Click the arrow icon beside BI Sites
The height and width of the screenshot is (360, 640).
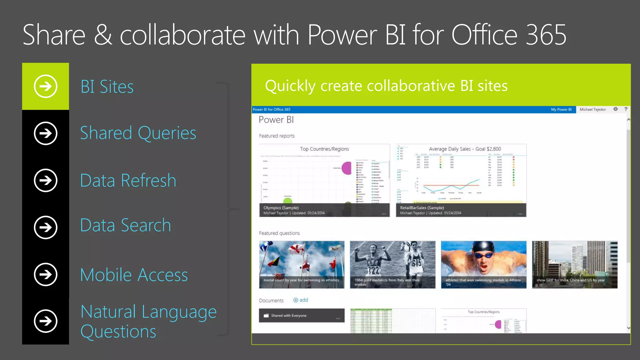point(46,86)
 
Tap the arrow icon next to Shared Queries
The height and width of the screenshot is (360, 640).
point(46,133)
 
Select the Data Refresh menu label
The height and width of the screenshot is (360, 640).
point(128,180)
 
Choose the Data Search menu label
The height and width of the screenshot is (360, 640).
point(126,225)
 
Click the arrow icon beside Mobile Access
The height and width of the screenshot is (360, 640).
point(46,275)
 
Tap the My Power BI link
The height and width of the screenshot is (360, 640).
point(561,110)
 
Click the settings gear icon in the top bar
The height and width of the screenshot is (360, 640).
point(615,109)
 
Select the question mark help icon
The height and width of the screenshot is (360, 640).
point(626,109)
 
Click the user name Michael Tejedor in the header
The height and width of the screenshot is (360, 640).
point(592,110)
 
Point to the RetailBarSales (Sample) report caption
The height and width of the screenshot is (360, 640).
point(422,208)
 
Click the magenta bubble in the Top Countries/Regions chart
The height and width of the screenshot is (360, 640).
point(347,168)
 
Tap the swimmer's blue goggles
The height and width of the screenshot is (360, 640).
point(483,255)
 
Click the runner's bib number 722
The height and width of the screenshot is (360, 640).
point(373,270)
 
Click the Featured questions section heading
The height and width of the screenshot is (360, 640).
point(279,233)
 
